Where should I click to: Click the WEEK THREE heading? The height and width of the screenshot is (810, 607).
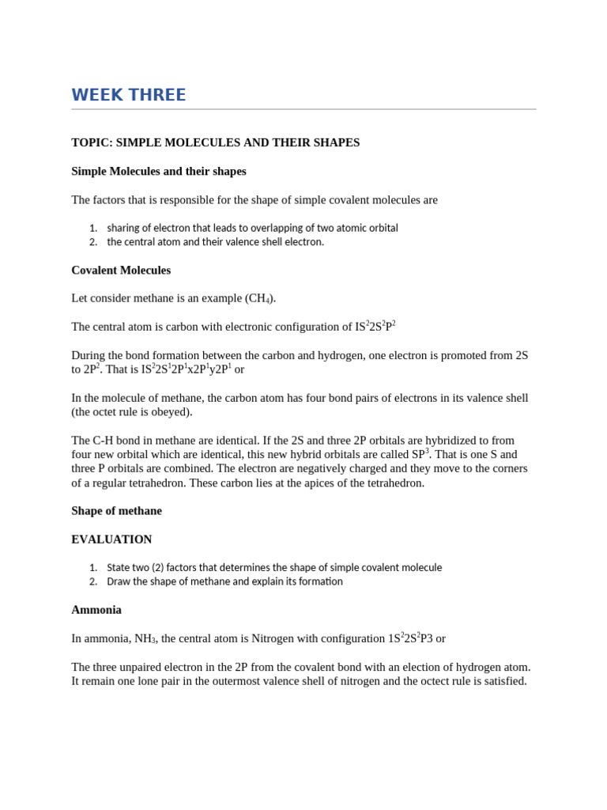point(129,96)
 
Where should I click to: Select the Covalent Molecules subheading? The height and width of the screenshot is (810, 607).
point(121,271)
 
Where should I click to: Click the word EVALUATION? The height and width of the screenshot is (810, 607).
point(111,539)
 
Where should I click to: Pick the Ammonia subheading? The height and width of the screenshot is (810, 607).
point(96,610)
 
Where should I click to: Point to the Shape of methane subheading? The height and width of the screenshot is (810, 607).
point(116,511)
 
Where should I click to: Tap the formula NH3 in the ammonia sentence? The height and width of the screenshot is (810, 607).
point(145,639)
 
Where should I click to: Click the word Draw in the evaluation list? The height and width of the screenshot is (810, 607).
point(119,581)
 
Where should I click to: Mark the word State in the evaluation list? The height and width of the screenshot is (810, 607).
point(119,567)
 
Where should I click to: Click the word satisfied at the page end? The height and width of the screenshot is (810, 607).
point(503,681)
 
